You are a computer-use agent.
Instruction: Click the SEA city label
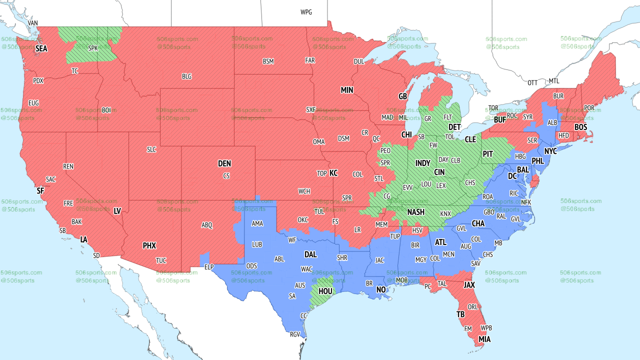pyautogui.click(x=41, y=48)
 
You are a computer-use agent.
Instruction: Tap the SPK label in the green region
pyautogui.click(x=93, y=48)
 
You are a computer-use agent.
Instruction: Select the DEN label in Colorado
pyautogui.click(x=224, y=163)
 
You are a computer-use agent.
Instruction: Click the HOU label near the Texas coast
pyautogui.click(x=325, y=290)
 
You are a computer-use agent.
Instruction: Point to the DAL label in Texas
pyautogui.click(x=310, y=254)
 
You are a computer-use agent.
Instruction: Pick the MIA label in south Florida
pyautogui.click(x=484, y=339)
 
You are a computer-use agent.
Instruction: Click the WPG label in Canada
pyautogui.click(x=306, y=12)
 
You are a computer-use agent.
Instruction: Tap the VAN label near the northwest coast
pyautogui.click(x=33, y=23)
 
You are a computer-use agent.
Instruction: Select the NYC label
pyautogui.click(x=550, y=151)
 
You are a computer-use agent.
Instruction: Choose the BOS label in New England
pyautogui.click(x=580, y=127)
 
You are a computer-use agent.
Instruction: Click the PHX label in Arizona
pyautogui.click(x=149, y=245)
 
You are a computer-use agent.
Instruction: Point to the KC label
pyautogui.click(x=333, y=173)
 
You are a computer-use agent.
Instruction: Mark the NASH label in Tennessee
pyautogui.click(x=415, y=212)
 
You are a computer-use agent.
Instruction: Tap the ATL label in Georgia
pyautogui.click(x=440, y=242)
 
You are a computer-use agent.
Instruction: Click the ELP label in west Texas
pyautogui.click(x=209, y=267)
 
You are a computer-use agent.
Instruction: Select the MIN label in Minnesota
pyautogui.click(x=347, y=90)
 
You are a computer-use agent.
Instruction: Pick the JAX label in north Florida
pyautogui.click(x=469, y=285)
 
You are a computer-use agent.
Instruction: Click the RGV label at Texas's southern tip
pyautogui.click(x=295, y=334)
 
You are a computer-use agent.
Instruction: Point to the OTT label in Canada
pyautogui.click(x=532, y=82)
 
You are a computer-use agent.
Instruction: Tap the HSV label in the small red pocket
pyautogui.click(x=417, y=230)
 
